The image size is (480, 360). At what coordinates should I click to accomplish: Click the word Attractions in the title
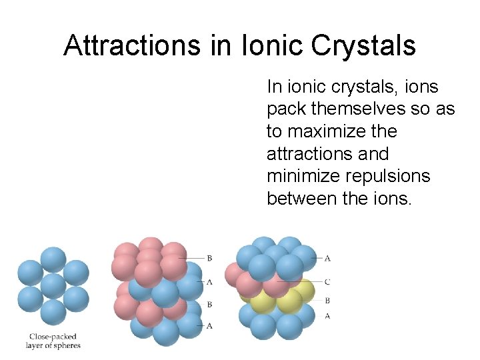131,45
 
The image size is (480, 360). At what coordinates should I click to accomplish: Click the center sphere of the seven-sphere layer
53,286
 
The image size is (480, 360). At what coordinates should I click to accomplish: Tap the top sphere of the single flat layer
53,259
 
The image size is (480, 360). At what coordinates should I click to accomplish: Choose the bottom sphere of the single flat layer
53,312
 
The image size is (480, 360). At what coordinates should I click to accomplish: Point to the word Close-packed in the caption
53,337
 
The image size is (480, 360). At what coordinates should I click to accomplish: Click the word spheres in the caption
67,345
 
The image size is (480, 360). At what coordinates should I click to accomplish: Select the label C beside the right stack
327,282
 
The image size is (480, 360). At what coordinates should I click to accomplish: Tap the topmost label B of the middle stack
209,257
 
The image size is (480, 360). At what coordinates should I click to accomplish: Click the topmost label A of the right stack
327,258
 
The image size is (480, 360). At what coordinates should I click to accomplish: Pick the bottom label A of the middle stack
209,325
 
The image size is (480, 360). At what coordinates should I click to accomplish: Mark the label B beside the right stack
327,301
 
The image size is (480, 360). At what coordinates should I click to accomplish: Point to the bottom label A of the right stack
327,316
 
